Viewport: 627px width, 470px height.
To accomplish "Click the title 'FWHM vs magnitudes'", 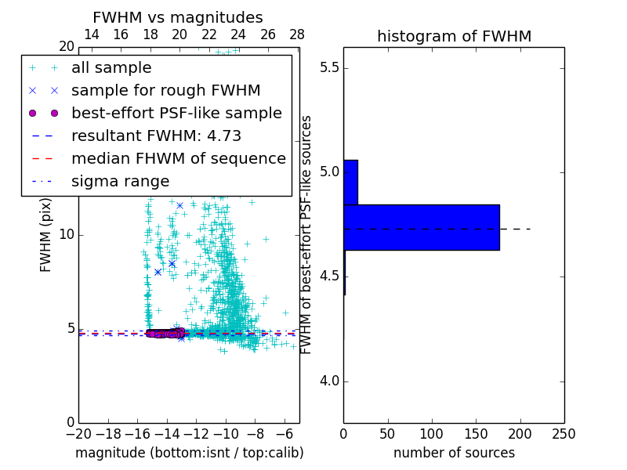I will click(x=178, y=17).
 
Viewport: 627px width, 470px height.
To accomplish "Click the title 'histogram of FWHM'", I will click(x=454, y=36).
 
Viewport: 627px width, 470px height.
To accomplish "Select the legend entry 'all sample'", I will click(x=111, y=68).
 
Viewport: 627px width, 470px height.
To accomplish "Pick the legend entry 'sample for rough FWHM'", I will click(x=165, y=91).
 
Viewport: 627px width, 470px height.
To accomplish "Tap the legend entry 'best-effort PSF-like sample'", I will click(x=176, y=114).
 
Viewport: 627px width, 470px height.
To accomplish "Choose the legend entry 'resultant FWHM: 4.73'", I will click(x=156, y=136).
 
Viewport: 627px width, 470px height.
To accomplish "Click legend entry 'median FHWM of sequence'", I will click(x=178, y=158).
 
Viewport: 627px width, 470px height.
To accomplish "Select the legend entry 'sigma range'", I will click(x=120, y=182).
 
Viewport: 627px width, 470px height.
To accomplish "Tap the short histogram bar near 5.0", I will click(x=350, y=183).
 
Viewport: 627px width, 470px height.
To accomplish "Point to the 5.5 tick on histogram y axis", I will click(x=328, y=68).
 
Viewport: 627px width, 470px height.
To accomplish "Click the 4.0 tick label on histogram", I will click(x=328, y=381).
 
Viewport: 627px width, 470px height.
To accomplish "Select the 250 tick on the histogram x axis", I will click(x=564, y=434).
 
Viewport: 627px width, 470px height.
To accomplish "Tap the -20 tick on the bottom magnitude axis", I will click(x=78, y=434).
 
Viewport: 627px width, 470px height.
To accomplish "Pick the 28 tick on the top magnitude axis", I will click(x=297, y=34).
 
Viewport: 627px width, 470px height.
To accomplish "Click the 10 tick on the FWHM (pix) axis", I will click(x=67, y=235).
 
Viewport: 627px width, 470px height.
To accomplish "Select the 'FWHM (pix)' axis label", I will click(x=46, y=235).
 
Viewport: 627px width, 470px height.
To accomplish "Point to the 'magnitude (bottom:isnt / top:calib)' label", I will click(x=189, y=453).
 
